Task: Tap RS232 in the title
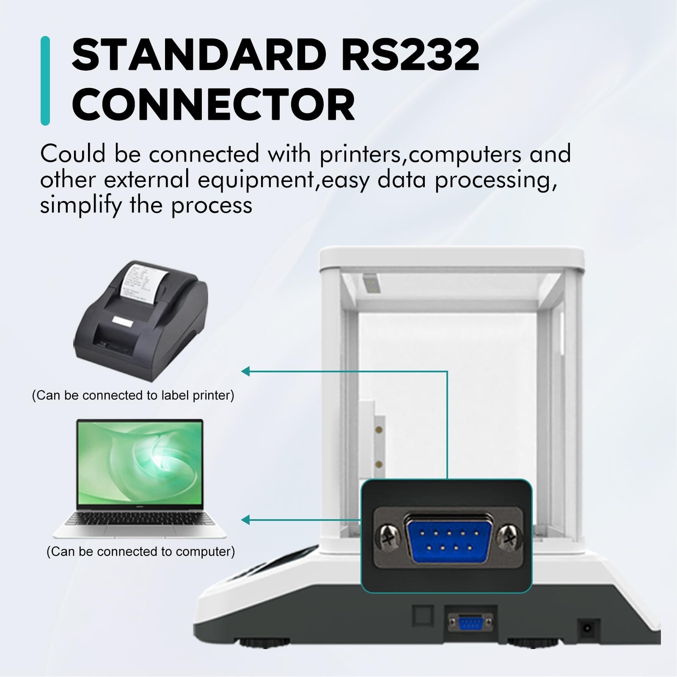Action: click(410, 55)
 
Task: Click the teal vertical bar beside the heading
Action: click(45, 81)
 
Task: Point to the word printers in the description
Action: click(360, 154)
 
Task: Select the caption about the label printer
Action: click(133, 395)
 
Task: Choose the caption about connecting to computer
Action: click(140, 551)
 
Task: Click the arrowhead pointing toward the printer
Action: click(245, 372)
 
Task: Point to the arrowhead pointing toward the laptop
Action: click(245, 520)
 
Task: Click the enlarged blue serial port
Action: click(449, 537)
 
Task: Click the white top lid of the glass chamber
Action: click(452, 259)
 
